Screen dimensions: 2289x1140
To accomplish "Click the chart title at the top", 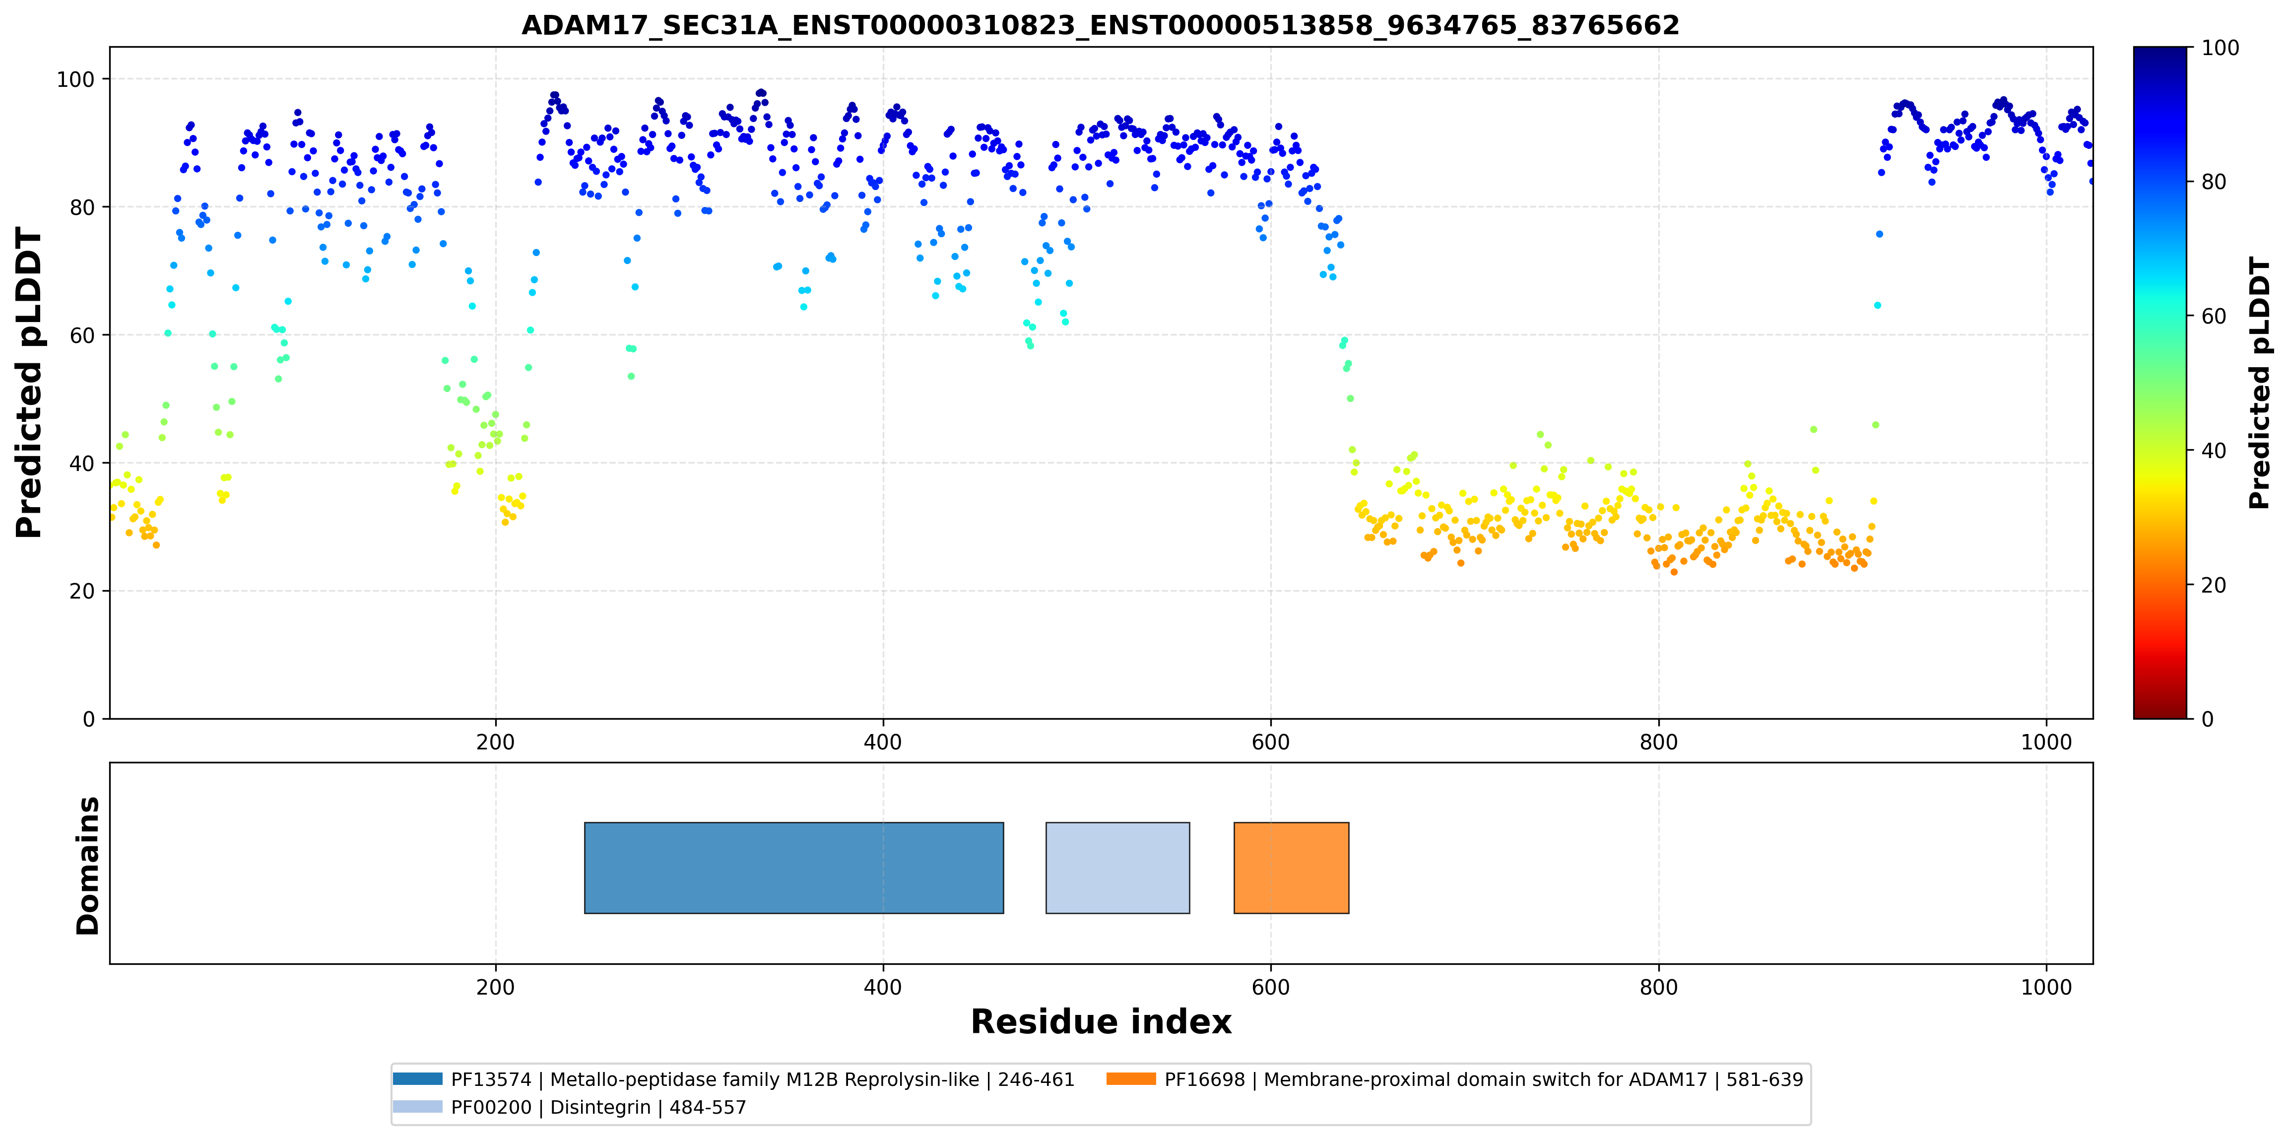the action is click(x=1100, y=25).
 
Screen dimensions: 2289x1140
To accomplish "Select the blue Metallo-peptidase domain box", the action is click(x=793, y=867).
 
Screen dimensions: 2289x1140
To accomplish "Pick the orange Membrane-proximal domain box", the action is click(x=1291, y=867).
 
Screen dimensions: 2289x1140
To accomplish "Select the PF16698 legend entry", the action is click(x=1454, y=1079).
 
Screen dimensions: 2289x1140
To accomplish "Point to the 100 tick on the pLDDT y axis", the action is click(x=75, y=79).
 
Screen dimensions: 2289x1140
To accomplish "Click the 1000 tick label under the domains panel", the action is click(x=2045, y=987).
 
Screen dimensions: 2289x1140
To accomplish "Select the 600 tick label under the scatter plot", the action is click(x=1271, y=742).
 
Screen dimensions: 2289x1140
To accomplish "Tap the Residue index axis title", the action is click(x=1101, y=1022).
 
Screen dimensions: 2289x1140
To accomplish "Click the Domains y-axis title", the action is click(x=88, y=866).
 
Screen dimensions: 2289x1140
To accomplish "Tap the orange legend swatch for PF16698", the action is click(x=1131, y=1078).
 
